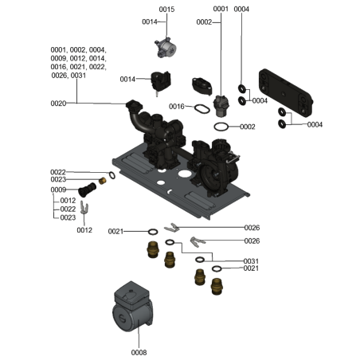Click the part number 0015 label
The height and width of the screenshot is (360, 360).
(x=166, y=9)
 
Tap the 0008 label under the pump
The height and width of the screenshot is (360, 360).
(x=139, y=351)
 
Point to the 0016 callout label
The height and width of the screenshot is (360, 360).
(x=177, y=106)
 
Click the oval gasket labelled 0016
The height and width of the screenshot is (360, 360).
(x=202, y=108)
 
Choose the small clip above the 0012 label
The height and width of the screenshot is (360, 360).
(x=86, y=210)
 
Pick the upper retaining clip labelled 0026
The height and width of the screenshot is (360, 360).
(x=170, y=229)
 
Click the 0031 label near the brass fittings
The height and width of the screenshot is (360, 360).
(x=252, y=261)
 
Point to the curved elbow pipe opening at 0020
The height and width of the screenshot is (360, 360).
(x=133, y=104)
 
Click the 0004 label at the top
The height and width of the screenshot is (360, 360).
(x=241, y=9)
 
